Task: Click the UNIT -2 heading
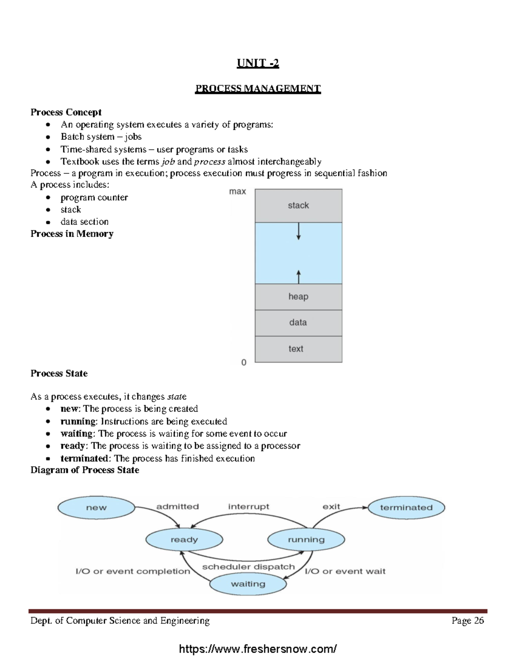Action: tap(258, 63)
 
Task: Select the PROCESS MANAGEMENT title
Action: tap(258, 89)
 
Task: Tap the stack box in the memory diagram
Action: tap(298, 206)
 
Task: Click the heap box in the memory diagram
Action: tap(298, 297)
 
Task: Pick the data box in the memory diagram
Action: tap(298, 323)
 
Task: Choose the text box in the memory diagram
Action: tap(298, 349)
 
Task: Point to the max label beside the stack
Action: tap(237, 191)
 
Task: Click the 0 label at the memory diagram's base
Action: tap(244, 363)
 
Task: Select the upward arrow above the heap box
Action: tap(299, 276)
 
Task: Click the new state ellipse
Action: tap(96, 508)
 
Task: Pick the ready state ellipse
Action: tap(184, 539)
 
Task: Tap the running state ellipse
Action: tap(306, 539)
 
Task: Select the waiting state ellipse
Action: tap(248, 584)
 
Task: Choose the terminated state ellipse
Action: tap(406, 508)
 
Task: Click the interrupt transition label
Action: tap(249, 507)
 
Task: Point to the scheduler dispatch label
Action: tap(249, 567)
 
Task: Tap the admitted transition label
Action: tap(178, 507)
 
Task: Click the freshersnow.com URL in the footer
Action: tap(258, 649)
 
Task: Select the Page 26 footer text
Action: tap(467, 620)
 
